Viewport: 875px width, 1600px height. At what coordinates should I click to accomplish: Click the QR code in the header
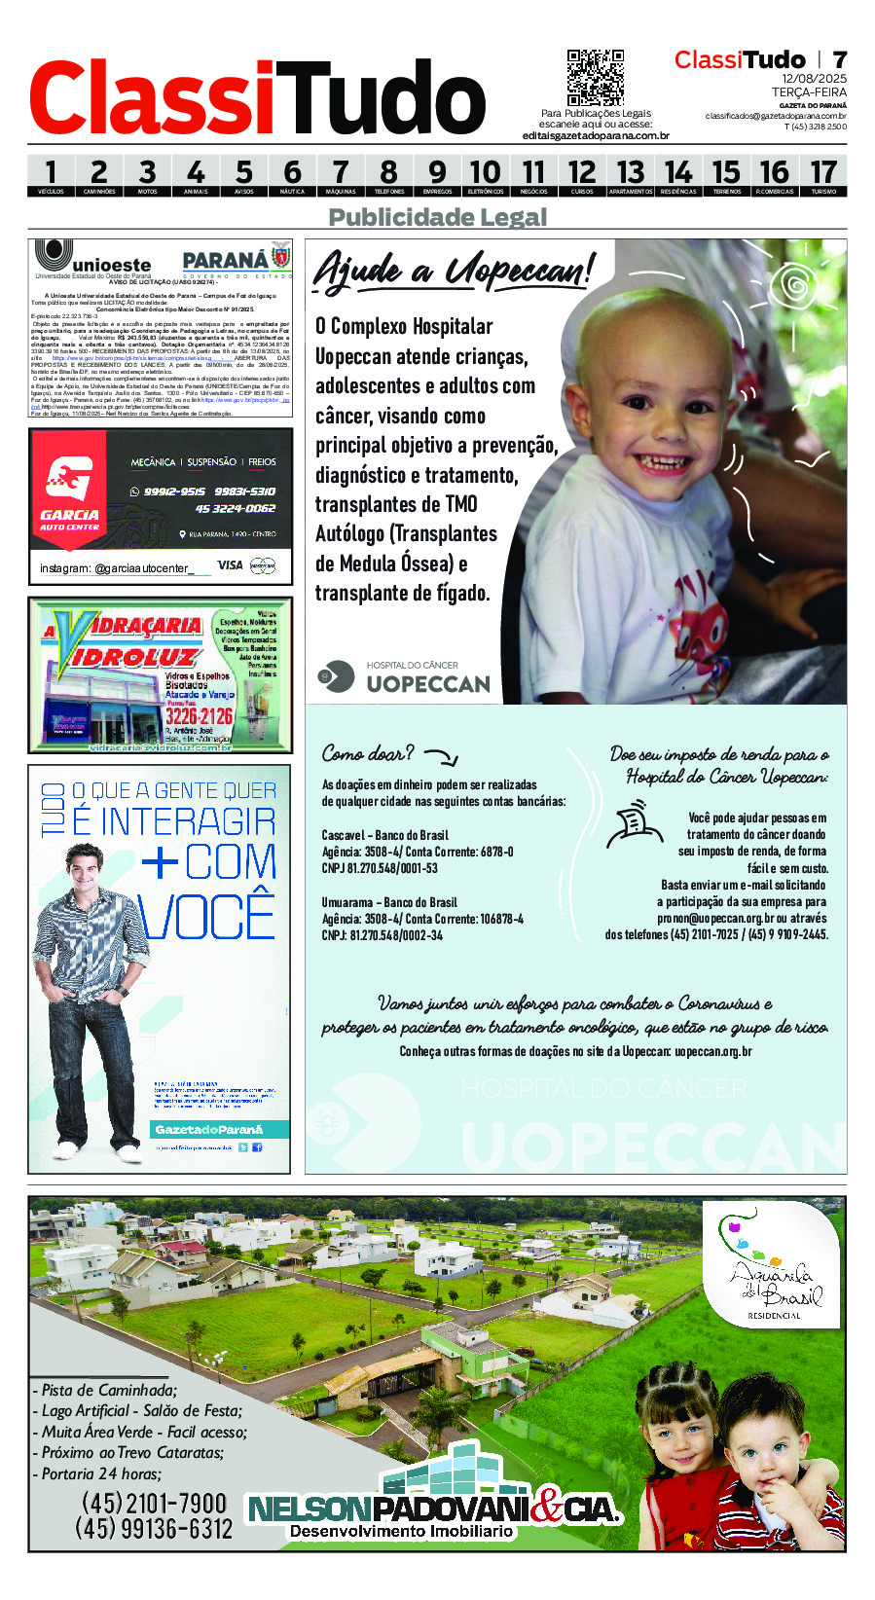pos(595,78)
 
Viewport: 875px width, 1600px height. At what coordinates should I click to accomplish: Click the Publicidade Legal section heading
pos(438,217)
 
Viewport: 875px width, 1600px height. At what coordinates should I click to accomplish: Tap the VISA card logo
pos(230,565)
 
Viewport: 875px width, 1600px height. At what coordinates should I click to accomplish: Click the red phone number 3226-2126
pos(199,716)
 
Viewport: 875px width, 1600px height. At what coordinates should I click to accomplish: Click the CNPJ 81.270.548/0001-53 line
pos(380,868)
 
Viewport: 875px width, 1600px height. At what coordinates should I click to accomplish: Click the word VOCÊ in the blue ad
pos(207,916)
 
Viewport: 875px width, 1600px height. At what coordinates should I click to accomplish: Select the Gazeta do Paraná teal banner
pos(220,1129)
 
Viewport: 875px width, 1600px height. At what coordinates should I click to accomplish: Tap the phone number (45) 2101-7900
pos(154,1504)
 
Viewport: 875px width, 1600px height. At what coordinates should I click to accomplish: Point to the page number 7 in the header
pos(839,60)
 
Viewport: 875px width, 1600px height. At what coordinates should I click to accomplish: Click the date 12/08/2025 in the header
pos(814,79)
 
